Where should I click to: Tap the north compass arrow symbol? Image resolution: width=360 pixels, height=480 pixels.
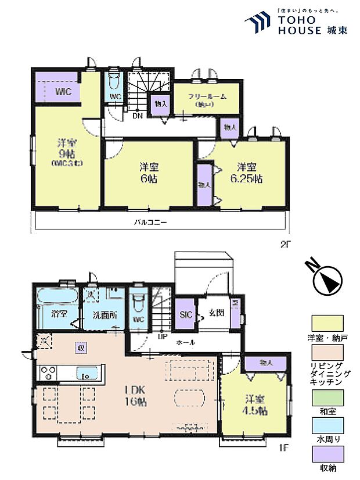(326, 280)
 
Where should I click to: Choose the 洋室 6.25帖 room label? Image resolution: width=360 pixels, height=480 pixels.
(246, 173)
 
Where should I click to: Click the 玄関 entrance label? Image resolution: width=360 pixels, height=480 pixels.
(216, 313)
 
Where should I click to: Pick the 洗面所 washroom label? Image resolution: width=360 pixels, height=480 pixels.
(103, 316)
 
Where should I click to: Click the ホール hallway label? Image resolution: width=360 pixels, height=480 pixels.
(186, 343)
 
